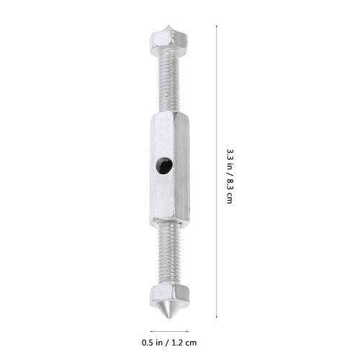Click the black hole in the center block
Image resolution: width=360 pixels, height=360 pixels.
tap(164, 166)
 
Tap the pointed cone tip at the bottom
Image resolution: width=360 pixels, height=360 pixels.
tap(169, 319)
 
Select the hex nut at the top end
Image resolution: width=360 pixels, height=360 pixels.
tap(168, 43)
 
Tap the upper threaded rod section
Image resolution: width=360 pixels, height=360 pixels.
tap(168, 83)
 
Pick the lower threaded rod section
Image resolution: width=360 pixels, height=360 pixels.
tap(169, 253)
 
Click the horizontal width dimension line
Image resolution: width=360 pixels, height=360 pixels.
tap(169, 331)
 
